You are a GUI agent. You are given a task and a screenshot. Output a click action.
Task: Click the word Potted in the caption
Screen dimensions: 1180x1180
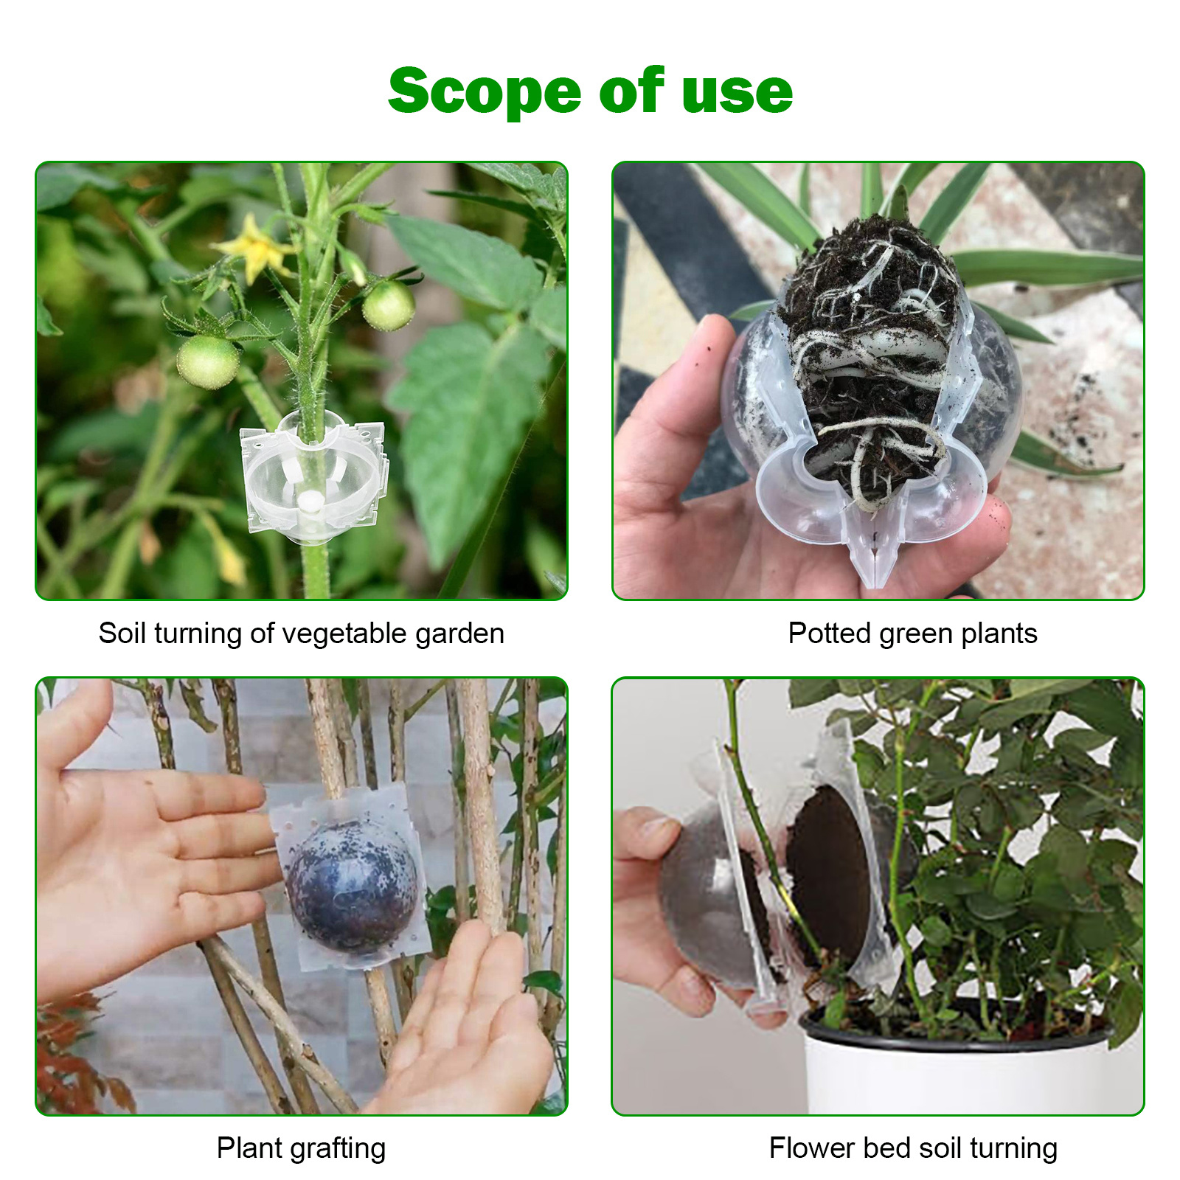coord(829,634)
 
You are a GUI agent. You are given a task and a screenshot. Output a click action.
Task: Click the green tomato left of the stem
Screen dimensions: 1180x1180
coord(208,361)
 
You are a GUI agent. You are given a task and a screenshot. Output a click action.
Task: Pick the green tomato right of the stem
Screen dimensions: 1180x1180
coord(389,305)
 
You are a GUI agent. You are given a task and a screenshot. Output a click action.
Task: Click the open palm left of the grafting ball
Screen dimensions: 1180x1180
coord(147,848)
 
